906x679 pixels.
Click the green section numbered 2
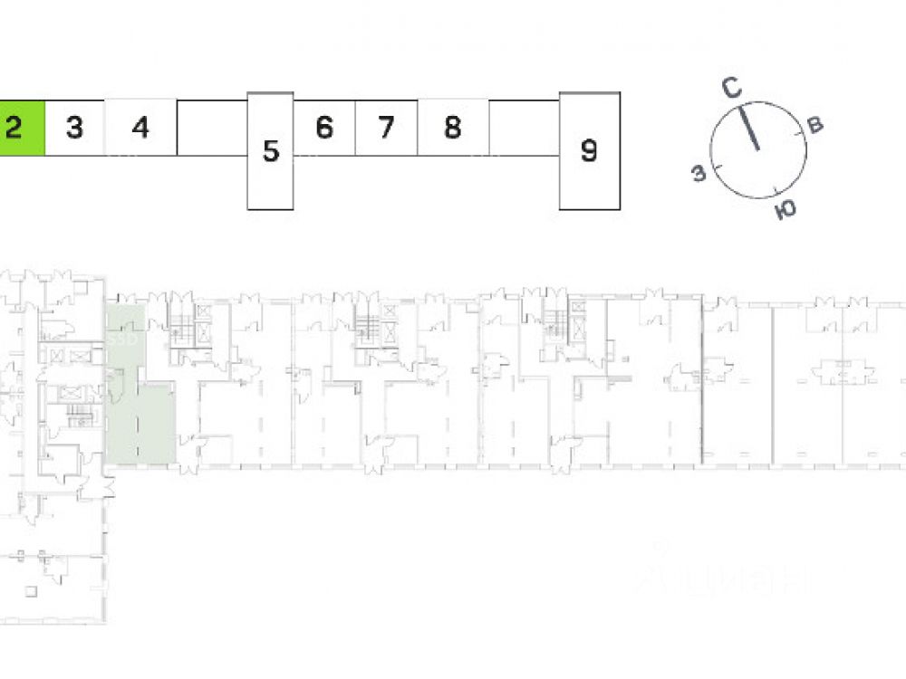[22, 128]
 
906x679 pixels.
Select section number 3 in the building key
[74, 128]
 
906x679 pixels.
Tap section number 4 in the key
[140, 128]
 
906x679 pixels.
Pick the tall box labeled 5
[270, 151]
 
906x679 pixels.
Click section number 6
[324, 128]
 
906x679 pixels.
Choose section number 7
[386, 128]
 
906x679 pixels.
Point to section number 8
[452, 128]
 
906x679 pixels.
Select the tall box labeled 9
[589, 150]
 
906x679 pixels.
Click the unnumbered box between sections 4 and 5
[212, 128]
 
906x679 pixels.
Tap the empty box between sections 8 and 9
[524, 128]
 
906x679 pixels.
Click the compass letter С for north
[732, 88]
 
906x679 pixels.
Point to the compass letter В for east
[814, 125]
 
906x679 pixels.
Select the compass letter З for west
[699, 174]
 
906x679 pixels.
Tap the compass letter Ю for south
[786, 210]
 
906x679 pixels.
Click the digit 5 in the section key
[270, 151]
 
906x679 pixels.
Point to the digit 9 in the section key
[589, 150]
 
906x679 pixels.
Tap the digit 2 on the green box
[13, 128]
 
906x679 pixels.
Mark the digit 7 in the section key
[386, 128]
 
